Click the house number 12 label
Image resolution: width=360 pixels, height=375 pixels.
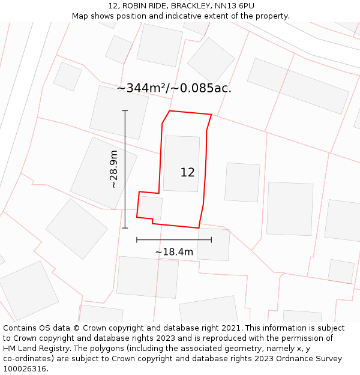point(187,172)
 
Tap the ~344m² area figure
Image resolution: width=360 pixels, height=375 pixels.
point(142,88)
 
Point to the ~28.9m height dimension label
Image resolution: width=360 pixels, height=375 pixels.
point(113,169)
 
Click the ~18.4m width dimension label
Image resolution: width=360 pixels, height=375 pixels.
point(174,252)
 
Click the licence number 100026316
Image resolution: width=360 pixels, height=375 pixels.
point(25,369)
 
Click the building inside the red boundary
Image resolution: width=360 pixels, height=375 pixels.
point(181,163)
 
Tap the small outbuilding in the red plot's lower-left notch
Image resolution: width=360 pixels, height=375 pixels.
point(151,208)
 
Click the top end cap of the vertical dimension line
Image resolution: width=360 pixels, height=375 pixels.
point(125,110)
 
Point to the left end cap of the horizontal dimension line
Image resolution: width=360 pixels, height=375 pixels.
point(137,240)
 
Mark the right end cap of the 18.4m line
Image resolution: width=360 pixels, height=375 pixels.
point(211,240)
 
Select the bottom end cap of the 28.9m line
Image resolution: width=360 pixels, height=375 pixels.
point(125,228)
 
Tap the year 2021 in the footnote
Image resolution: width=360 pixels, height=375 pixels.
point(232,328)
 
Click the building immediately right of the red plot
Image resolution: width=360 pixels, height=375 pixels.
point(242,182)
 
